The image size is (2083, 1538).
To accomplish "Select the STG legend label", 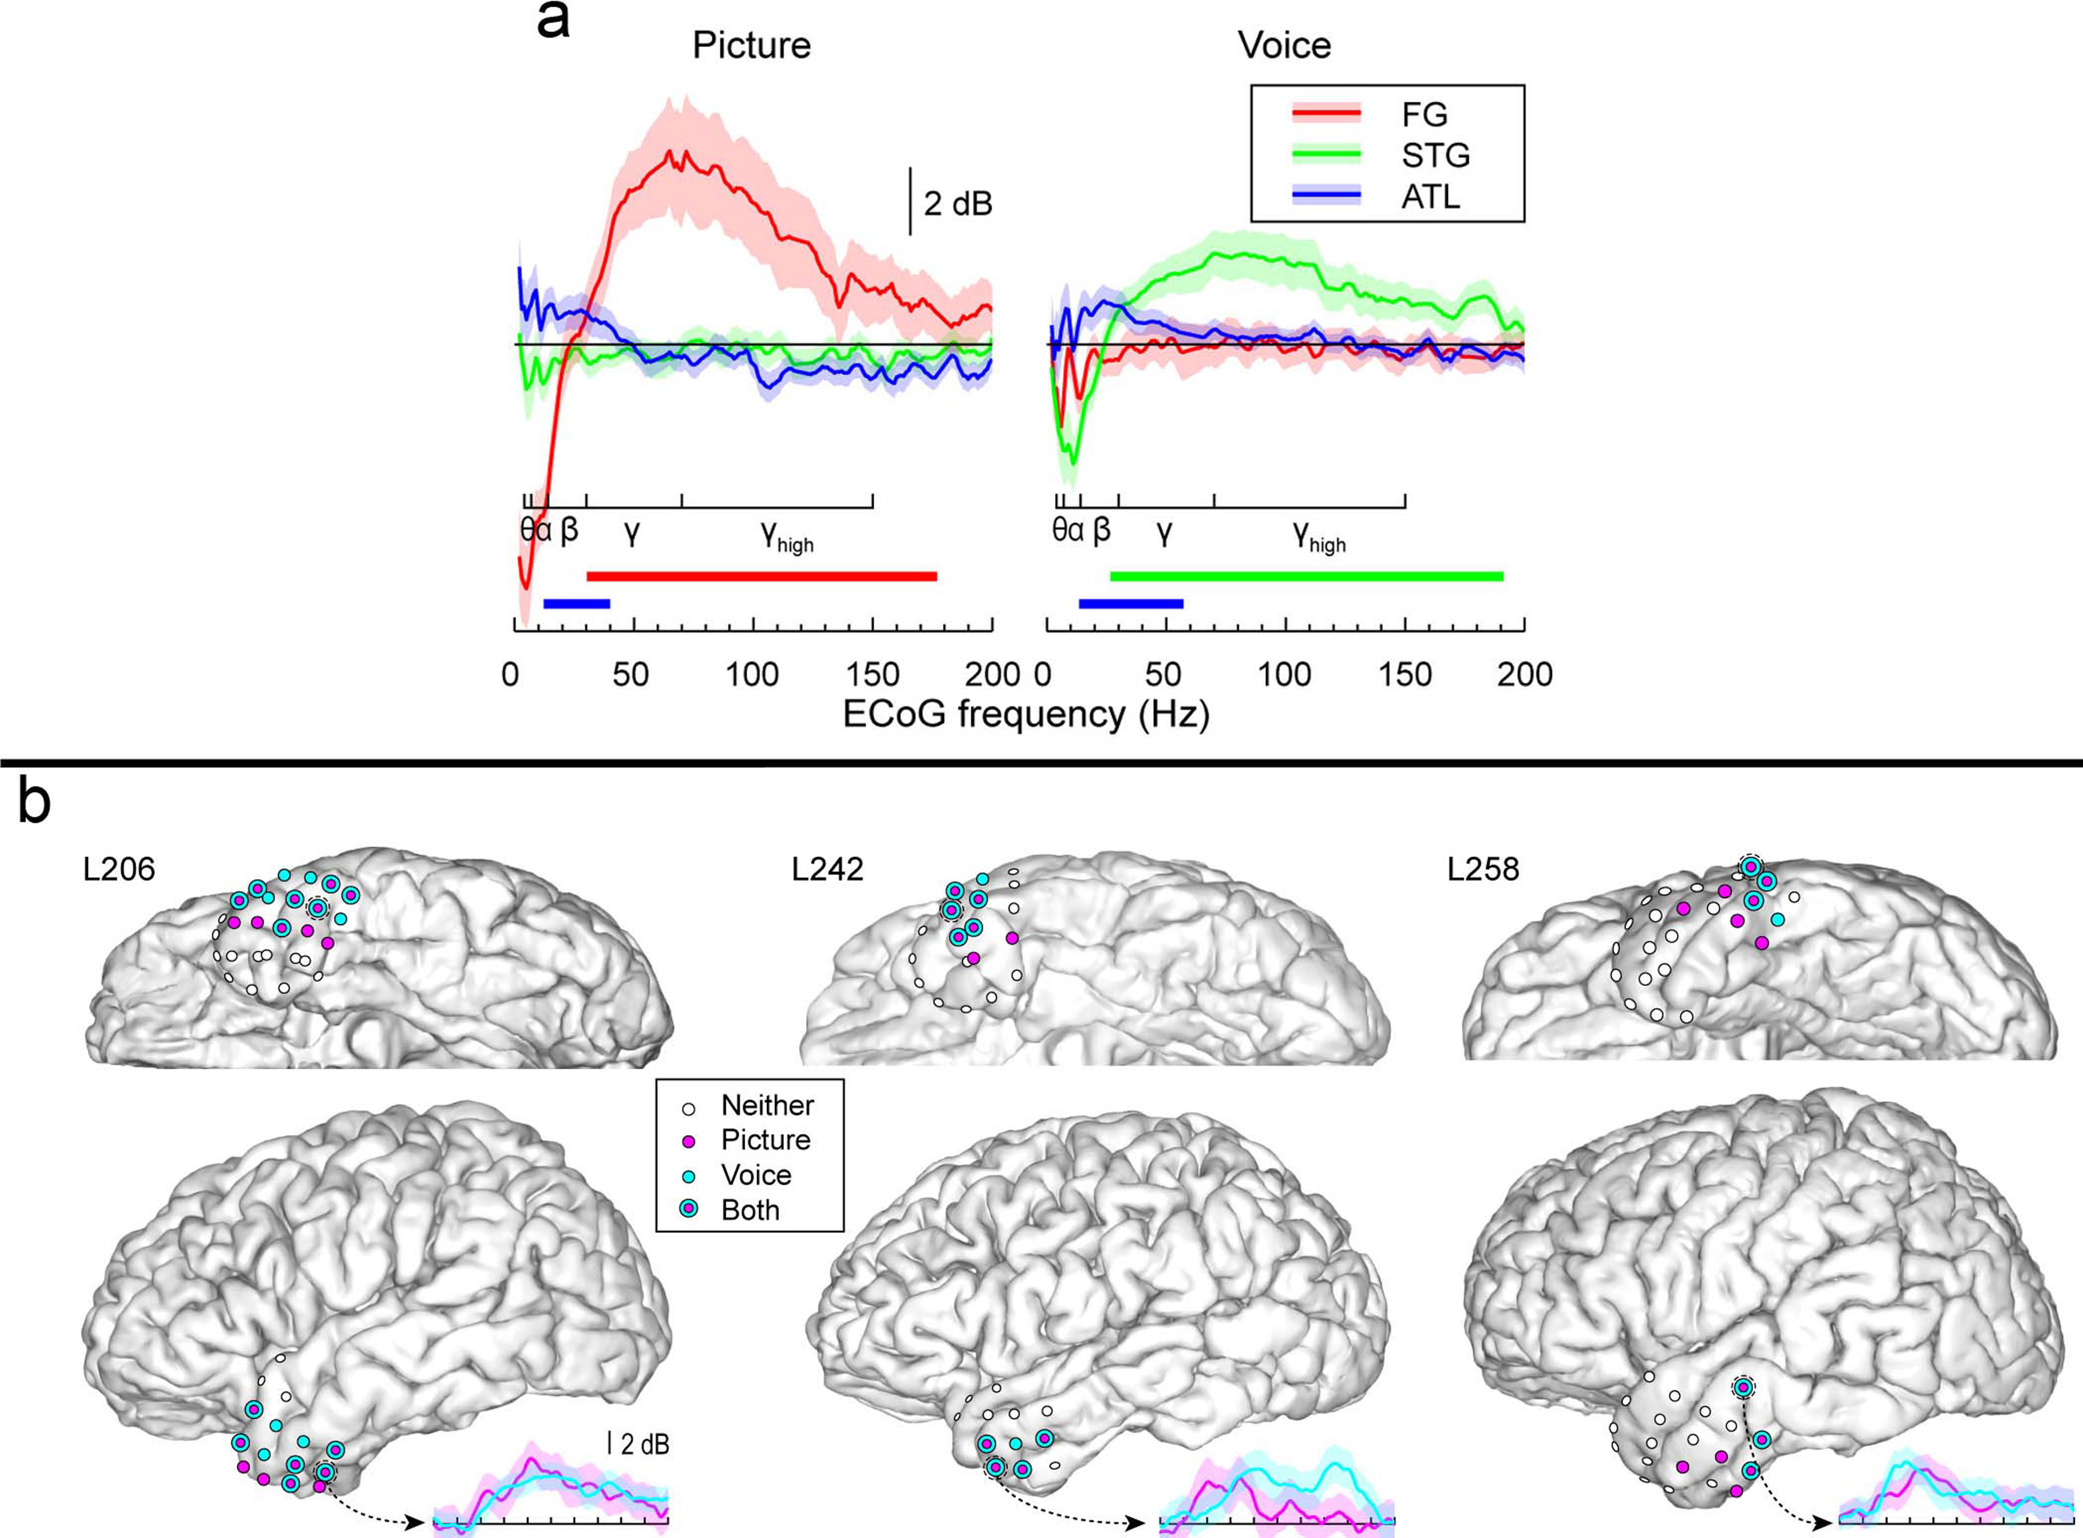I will coord(1435,156).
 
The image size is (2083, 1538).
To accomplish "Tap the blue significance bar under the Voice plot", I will coord(1130,603).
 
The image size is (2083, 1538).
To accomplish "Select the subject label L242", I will coord(827,869).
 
